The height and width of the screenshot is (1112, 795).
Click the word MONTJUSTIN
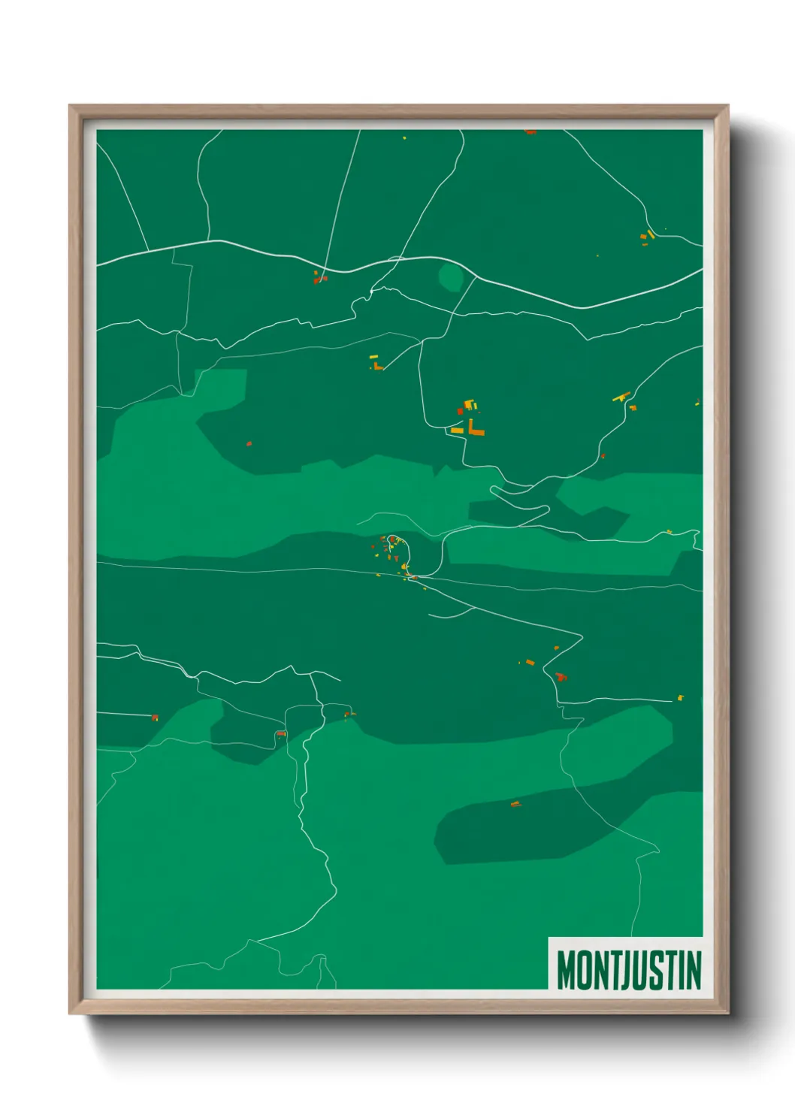click(628, 970)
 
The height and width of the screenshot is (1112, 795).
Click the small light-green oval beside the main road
click(451, 277)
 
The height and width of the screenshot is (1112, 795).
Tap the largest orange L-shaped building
click(476, 429)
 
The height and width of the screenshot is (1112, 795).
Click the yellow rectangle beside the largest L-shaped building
click(457, 431)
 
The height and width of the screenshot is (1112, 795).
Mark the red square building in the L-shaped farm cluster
click(461, 412)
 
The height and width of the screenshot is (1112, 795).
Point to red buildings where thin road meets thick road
click(320, 279)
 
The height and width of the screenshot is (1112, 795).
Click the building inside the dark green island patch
click(515, 805)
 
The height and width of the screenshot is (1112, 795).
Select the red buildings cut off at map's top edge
click(531, 132)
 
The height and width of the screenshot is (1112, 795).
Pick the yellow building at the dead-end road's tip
click(681, 698)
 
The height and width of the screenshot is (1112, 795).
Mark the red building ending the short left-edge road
click(156, 718)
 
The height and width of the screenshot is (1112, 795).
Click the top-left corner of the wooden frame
click(71, 107)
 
